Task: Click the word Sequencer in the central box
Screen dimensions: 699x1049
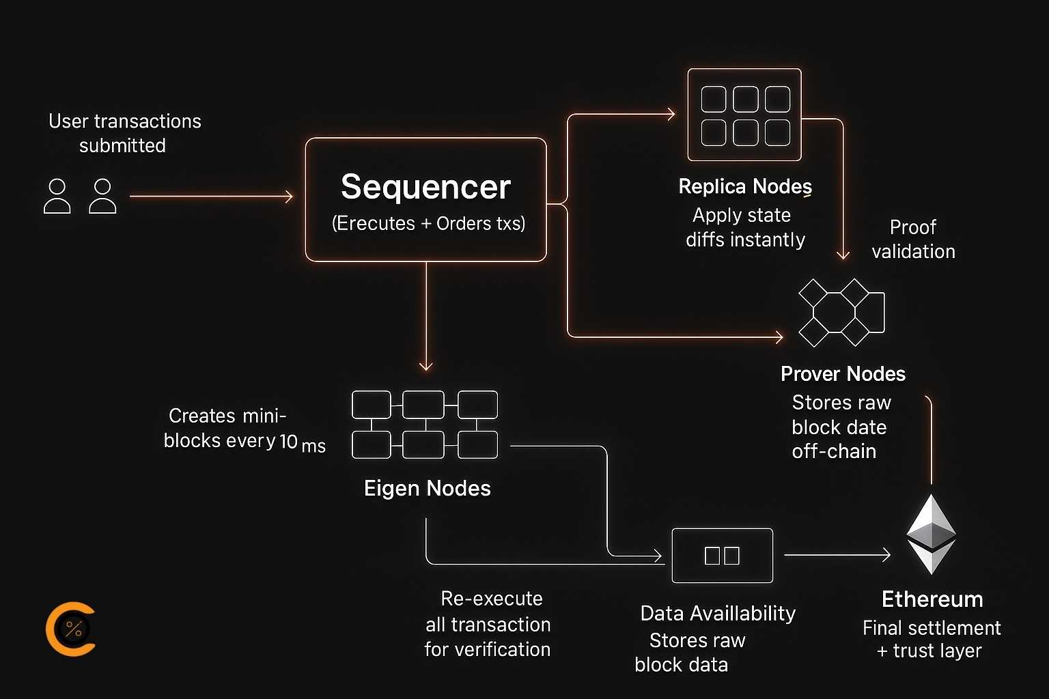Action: coord(425,187)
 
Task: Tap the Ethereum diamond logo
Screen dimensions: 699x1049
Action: coord(931,534)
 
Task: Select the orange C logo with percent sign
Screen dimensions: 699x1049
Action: coord(70,629)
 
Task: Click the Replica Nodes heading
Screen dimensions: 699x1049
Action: coord(745,186)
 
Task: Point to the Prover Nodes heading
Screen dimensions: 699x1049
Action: coord(843,373)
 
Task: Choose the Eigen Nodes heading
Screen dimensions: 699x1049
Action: coord(427,488)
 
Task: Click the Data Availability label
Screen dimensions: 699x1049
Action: coord(718,613)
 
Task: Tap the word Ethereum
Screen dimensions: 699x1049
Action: coord(932,599)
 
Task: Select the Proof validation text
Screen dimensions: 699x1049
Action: coord(913,239)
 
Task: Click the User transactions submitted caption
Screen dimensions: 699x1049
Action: coord(124,133)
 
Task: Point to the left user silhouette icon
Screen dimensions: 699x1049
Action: coord(57,197)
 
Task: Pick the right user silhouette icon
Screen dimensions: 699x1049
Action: coord(102,197)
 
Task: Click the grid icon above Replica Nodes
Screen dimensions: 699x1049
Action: coord(744,115)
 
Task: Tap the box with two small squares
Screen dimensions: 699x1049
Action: coord(722,555)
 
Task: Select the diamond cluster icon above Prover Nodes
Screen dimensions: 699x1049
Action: coord(841,313)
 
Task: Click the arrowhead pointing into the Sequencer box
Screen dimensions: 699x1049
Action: coord(289,197)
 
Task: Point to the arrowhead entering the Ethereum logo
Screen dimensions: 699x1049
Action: coord(886,555)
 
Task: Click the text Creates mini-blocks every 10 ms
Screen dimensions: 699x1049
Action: coord(244,429)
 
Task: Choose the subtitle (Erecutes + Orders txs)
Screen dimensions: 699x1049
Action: coord(428,223)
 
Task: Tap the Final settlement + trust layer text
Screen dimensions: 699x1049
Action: coord(931,639)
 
